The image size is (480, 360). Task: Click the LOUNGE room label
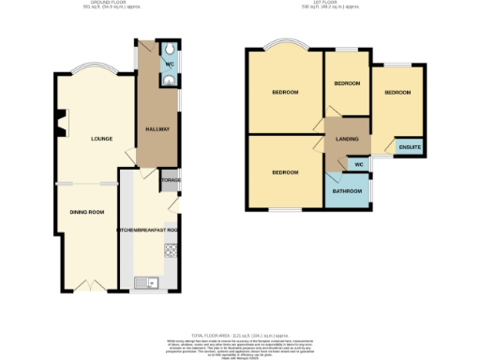point(101,140)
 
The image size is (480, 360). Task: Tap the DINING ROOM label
point(86,212)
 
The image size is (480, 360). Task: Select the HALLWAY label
point(156,129)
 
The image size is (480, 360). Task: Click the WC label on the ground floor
point(169,63)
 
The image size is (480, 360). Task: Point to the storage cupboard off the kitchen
point(171,180)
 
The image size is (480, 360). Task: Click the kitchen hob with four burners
point(171,249)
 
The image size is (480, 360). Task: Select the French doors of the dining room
point(86,283)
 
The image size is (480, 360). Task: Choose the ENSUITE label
point(410,148)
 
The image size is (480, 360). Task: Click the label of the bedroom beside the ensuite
point(397,93)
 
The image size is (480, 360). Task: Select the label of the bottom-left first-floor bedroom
point(285,172)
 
